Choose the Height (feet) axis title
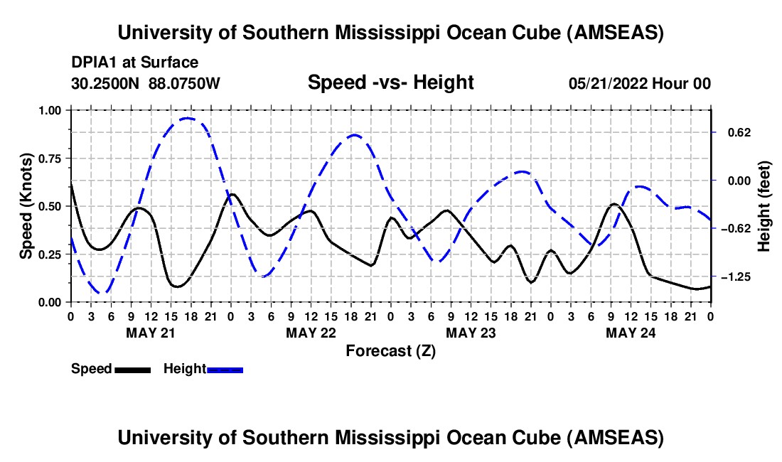(764, 206)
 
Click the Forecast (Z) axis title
(390, 350)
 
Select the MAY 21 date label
(150, 332)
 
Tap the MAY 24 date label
(630, 332)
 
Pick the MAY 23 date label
(470, 332)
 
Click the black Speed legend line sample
(133, 369)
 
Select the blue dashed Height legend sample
(225, 369)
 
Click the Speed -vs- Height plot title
(390, 82)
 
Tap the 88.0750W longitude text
(185, 83)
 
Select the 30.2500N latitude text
(107, 83)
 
